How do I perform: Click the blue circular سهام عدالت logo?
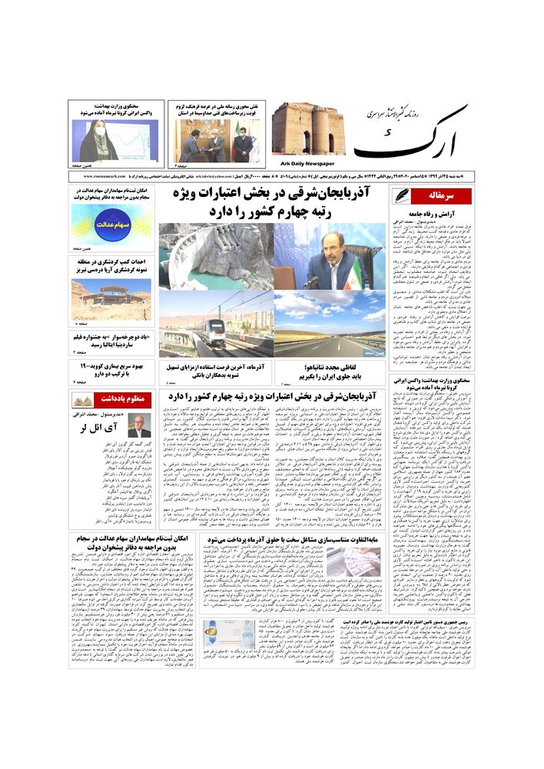[111, 223]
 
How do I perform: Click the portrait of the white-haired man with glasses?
[139, 425]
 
